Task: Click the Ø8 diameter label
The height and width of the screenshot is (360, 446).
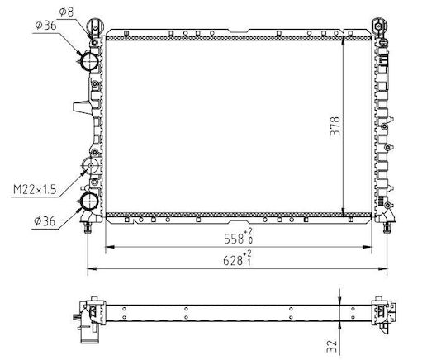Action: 66,12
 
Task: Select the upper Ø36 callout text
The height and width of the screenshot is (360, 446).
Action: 45,25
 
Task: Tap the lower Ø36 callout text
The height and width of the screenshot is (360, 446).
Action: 45,221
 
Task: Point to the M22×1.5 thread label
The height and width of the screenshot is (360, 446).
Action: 35,190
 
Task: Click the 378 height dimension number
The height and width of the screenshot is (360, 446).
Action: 335,126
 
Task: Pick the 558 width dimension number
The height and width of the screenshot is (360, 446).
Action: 234,239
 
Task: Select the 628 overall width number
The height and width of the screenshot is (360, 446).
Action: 233,260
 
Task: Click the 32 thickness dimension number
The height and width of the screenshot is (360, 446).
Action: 332,346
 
